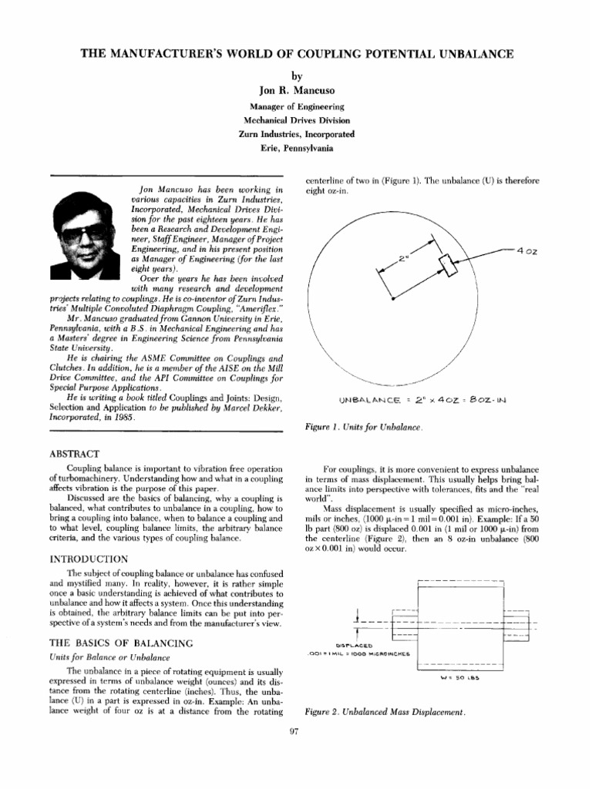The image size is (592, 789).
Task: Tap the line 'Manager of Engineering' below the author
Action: (x=297, y=106)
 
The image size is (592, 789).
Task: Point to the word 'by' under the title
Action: (x=297, y=76)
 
